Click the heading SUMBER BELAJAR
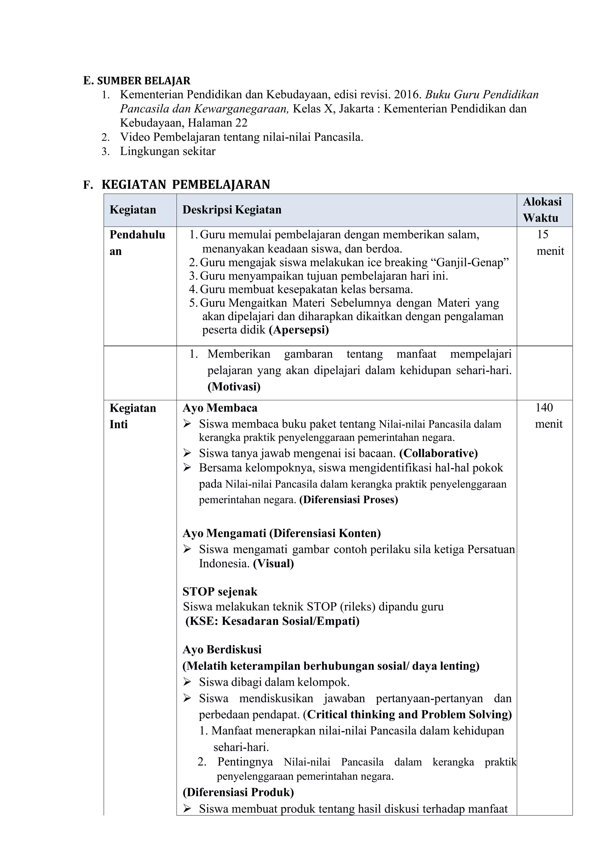[143, 81]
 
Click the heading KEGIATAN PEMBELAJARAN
[186, 184]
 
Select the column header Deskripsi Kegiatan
[232, 210]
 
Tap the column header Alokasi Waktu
[542, 210]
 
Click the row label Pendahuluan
[137, 242]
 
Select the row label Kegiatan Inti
[133, 416]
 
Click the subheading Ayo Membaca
[220, 408]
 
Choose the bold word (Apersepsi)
[299, 330]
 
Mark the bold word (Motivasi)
[234, 387]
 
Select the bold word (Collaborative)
[438, 453]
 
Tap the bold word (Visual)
[273, 563]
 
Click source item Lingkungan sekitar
[168, 151]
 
